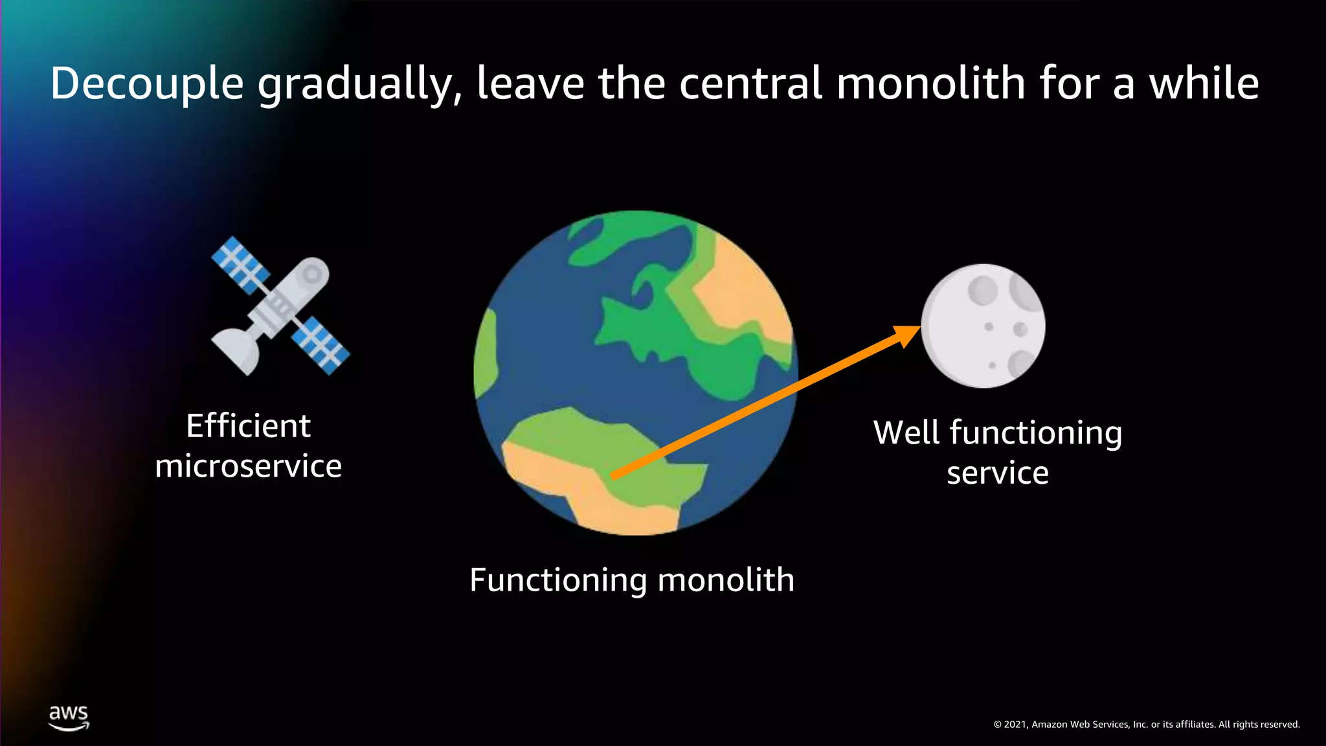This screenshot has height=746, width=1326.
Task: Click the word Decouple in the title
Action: pyautogui.click(x=147, y=84)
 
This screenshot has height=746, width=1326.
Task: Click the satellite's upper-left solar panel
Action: pyautogui.click(x=240, y=264)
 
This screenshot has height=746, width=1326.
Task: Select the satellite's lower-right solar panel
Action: pyautogui.click(x=320, y=345)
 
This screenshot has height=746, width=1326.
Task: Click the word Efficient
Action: pyautogui.click(x=248, y=426)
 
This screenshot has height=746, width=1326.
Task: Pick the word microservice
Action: pyautogui.click(x=248, y=466)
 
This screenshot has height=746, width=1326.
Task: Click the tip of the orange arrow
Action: pyautogui.click(x=918, y=328)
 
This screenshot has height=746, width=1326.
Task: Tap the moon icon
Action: pyautogui.click(x=983, y=326)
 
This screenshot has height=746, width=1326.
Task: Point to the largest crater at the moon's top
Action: pyautogui.click(x=982, y=289)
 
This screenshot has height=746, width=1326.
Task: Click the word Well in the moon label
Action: pyautogui.click(x=906, y=433)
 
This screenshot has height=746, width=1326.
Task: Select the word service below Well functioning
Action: pyautogui.click(x=997, y=473)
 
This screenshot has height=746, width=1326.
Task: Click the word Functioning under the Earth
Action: pyautogui.click(x=557, y=580)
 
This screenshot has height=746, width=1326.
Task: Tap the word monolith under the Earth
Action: pyautogui.click(x=726, y=579)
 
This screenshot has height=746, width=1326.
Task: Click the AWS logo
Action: pyautogui.click(x=69, y=718)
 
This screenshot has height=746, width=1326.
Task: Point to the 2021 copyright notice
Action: pyautogui.click(x=1146, y=724)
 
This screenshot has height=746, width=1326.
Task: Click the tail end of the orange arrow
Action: pyautogui.click(x=614, y=477)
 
